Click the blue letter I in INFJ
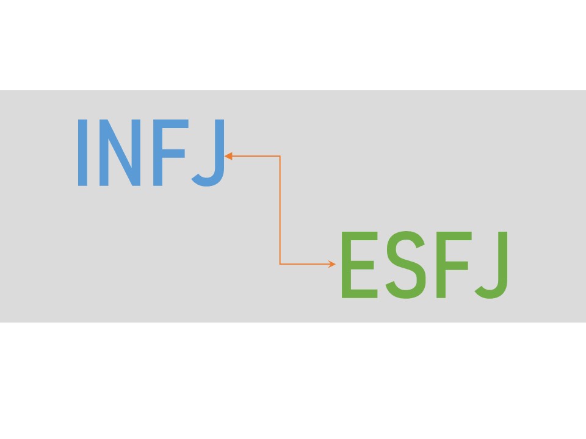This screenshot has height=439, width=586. tap(82, 152)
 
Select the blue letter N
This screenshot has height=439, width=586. tap(120, 152)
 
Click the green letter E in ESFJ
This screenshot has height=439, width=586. tap(360, 265)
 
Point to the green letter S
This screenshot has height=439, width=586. tap(406, 265)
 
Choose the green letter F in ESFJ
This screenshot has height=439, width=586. tap(454, 265)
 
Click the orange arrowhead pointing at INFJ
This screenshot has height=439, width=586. tap(228, 156)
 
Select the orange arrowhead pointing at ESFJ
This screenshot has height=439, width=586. tap(331, 264)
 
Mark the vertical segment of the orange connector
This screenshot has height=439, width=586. tap(280, 210)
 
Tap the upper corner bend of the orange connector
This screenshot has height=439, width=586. tap(280, 156)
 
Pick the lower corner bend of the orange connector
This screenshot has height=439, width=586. tap(280, 264)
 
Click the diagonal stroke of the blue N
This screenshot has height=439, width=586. tap(120, 152)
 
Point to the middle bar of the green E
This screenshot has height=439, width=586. tap(362, 265)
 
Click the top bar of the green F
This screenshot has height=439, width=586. tap(454, 236)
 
